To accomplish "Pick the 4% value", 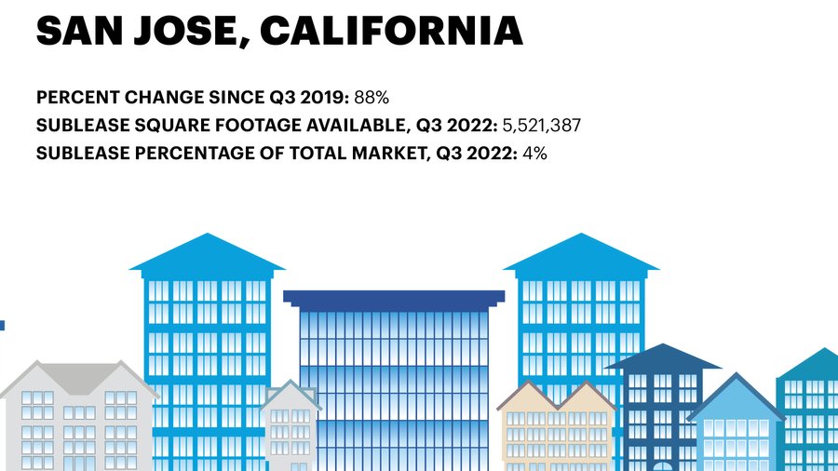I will [534, 153].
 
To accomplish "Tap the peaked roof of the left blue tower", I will [207, 254].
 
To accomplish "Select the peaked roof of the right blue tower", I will [581, 254].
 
